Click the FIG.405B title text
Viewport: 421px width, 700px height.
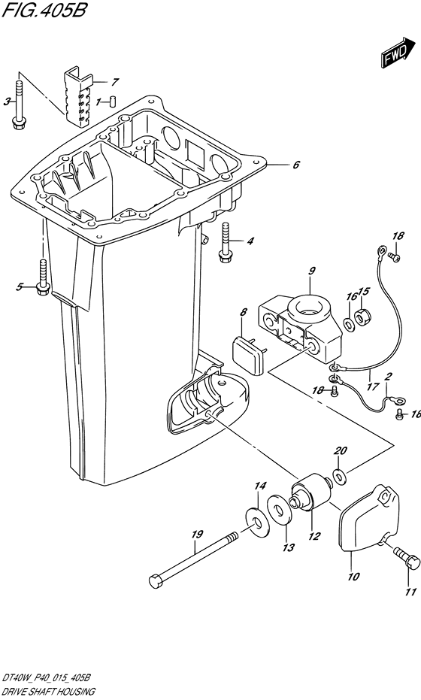[x=44, y=10]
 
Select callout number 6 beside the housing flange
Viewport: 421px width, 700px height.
[x=295, y=165]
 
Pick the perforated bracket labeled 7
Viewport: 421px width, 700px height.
[x=80, y=97]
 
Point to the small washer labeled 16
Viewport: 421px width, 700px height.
[x=349, y=322]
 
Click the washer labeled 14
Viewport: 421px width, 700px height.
[x=256, y=522]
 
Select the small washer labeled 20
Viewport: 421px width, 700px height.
[x=340, y=477]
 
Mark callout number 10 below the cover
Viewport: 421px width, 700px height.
[x=353, y=577]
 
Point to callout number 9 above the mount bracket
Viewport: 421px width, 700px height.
[x=312, y=271]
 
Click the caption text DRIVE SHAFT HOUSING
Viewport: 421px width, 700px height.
[x=48, y=692]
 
